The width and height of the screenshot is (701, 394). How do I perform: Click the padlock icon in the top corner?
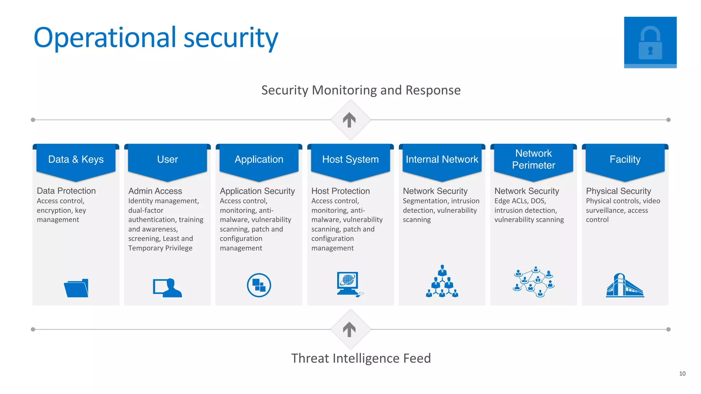[x=650, y=42]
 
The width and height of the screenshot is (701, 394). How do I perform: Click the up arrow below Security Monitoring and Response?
[x=349, y=120]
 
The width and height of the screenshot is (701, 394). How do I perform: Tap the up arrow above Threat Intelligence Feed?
[x=349, y=329]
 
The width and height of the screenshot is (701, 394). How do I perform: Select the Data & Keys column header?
[x=76, y=160]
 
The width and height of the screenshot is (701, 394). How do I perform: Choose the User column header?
[x=167, y=160]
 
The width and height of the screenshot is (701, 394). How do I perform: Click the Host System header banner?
[x=350, y=160]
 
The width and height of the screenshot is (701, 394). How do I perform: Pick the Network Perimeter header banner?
[x=533, y=160]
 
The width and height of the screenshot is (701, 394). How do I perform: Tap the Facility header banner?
[x=625, y=160]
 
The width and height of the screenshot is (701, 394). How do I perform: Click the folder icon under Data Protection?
[x=76, y=288]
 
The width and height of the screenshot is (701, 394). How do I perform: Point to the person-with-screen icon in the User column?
[x=167, y=288]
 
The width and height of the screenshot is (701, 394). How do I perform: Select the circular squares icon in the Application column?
[x=259, y=285]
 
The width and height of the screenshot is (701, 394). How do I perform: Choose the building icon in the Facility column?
[x=625, y=285]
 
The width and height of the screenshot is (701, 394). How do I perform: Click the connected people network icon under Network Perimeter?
[x=533, y=282]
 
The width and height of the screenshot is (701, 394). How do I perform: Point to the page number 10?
[x=682, y=373]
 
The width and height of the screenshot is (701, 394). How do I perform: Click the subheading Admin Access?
[x=155, y=191]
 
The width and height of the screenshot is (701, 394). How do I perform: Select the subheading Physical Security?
[x=618, y=191]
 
